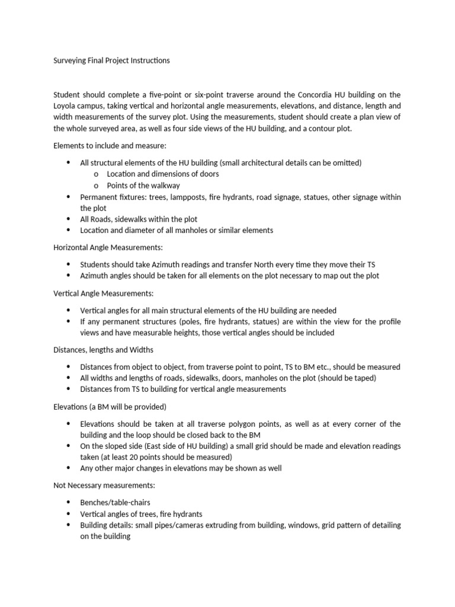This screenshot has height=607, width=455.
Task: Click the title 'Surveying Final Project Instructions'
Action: tap(111, 60)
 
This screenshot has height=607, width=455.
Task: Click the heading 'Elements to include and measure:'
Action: tap(105, 145)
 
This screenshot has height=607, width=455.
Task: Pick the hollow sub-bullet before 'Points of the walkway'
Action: tap(97, 186)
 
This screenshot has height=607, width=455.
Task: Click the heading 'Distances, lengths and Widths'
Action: tap(104, 350)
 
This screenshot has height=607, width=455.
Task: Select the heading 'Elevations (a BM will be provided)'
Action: tap(110, 407)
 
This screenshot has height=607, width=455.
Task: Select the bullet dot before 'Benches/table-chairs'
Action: tap(68, 502)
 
